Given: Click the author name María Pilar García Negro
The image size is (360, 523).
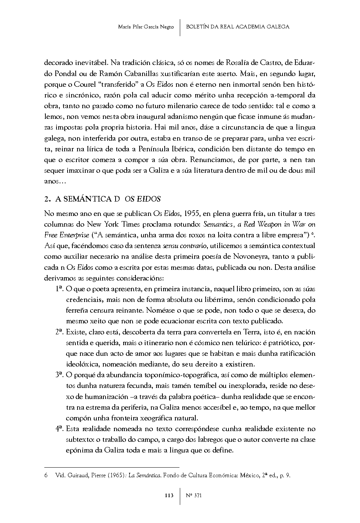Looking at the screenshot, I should [145, 27].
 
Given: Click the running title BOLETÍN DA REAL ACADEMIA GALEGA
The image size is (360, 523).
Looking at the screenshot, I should [237, 27].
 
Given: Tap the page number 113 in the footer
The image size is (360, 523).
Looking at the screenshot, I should [169, 495].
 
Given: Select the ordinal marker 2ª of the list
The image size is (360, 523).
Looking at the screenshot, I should [60, 331].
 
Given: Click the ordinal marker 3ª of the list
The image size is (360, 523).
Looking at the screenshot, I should [60, 375].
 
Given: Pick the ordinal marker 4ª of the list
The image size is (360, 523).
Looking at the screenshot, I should [60, 429].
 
